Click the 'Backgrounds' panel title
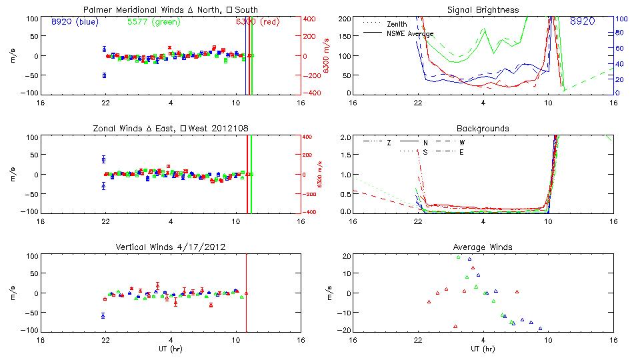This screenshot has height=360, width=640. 483,128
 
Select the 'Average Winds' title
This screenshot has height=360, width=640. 483,247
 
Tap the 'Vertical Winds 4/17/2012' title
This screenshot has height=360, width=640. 171,247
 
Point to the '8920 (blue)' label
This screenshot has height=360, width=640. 75,21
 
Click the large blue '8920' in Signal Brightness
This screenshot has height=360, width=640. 583,21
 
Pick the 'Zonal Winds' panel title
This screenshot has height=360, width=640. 171,128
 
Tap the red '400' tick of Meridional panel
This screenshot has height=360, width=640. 311,19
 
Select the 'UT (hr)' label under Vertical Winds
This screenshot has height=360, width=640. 171,349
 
